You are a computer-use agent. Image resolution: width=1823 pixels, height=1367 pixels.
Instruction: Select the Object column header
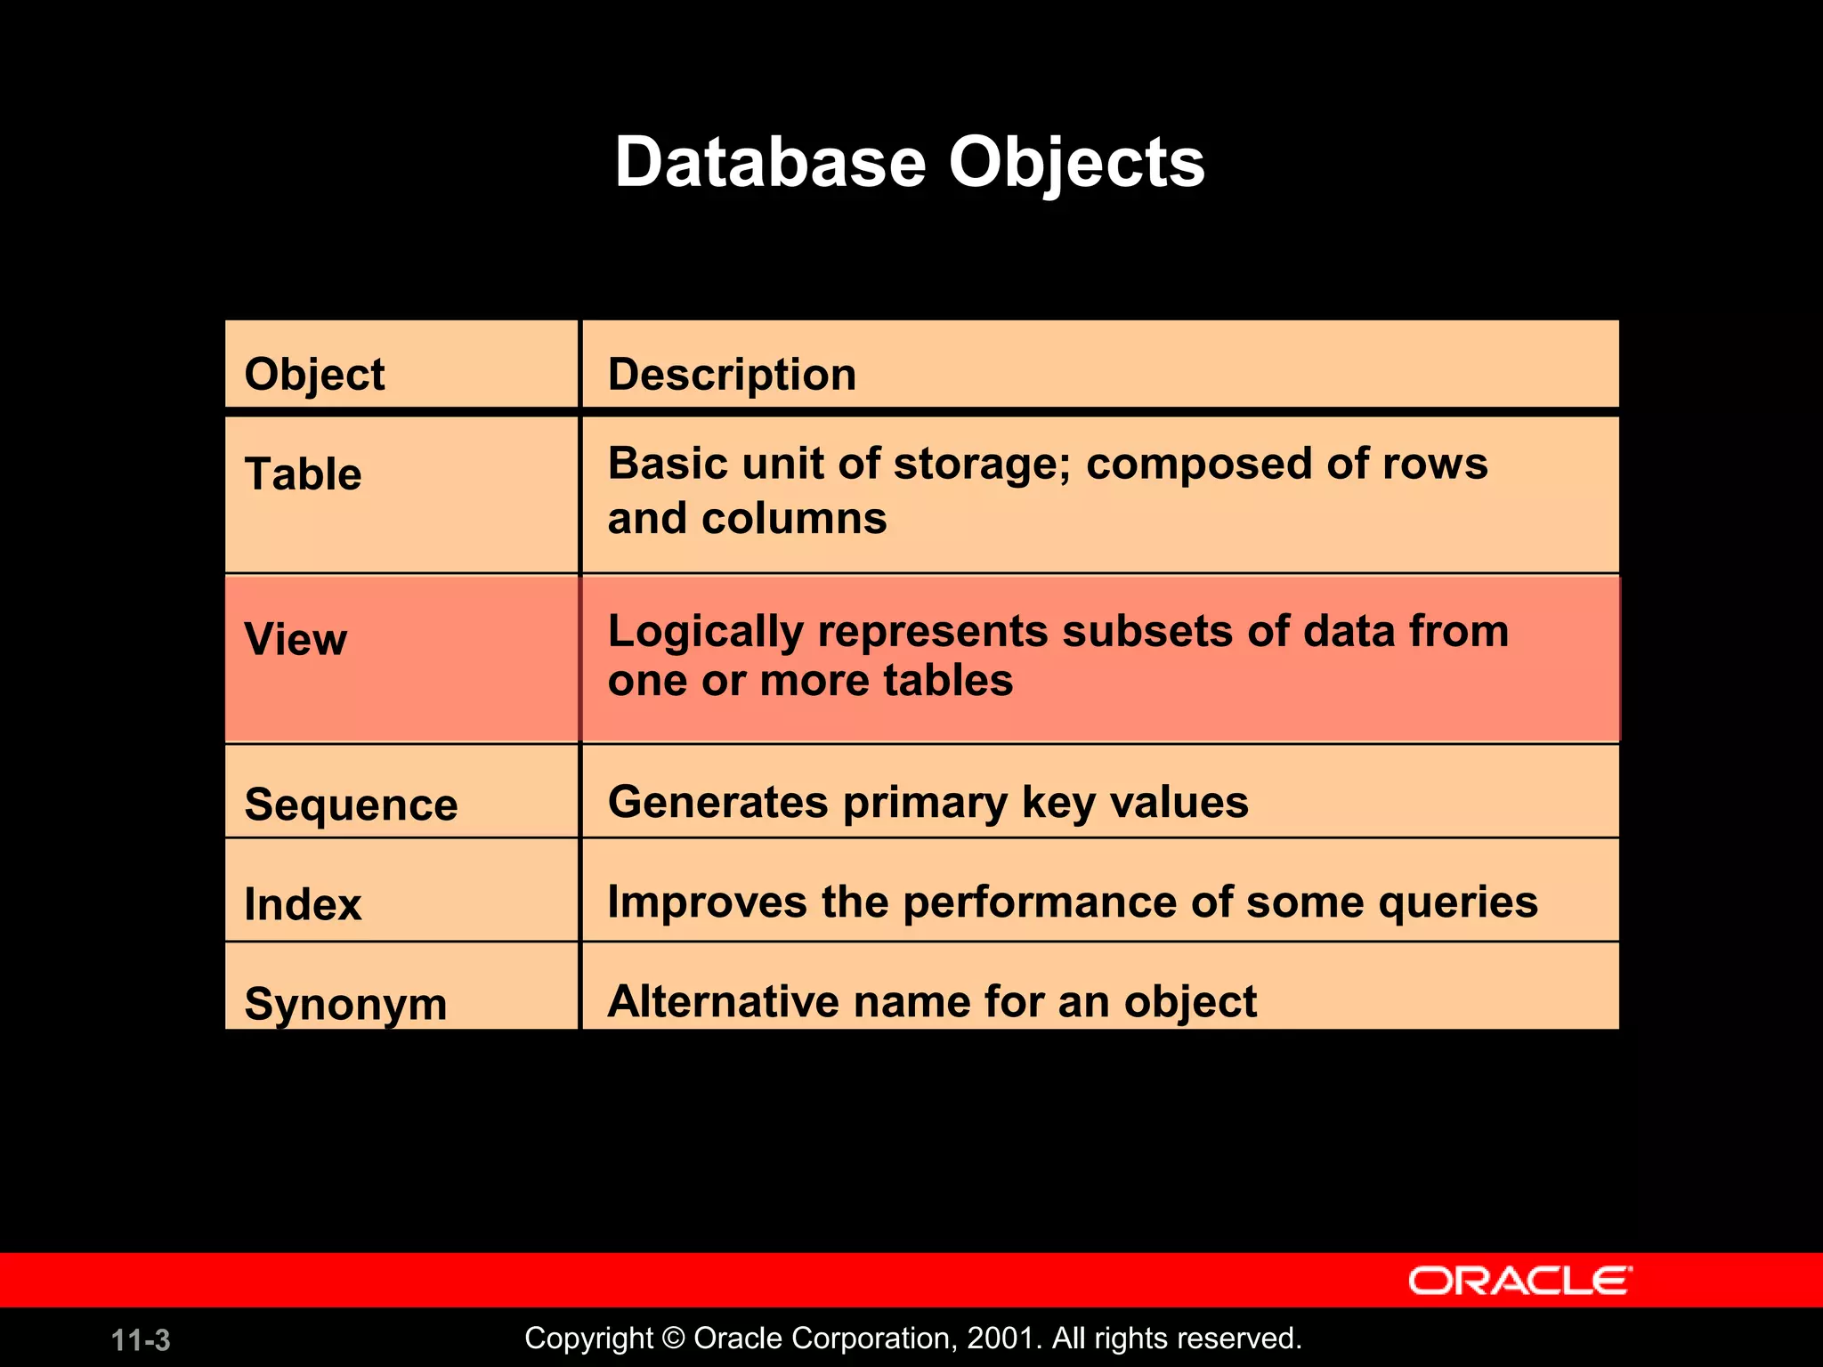314,375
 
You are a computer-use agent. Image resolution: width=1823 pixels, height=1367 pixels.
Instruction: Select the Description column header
732,374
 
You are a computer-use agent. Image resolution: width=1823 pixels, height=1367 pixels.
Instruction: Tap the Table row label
303,473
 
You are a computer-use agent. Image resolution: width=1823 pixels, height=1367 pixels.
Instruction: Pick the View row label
296,639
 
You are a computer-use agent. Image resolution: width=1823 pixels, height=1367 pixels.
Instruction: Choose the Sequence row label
351,805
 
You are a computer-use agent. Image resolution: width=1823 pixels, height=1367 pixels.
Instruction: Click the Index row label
303,904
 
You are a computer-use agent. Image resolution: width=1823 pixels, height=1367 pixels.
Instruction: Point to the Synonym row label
345,1004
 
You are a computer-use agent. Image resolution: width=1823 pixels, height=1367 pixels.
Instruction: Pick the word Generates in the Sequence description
717,803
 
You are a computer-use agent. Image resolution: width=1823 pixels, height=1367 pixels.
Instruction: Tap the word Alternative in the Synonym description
723,1002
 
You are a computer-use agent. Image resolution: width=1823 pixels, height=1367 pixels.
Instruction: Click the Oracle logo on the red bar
1519,1281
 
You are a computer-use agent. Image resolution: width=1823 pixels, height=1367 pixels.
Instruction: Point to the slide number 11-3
141,1340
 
